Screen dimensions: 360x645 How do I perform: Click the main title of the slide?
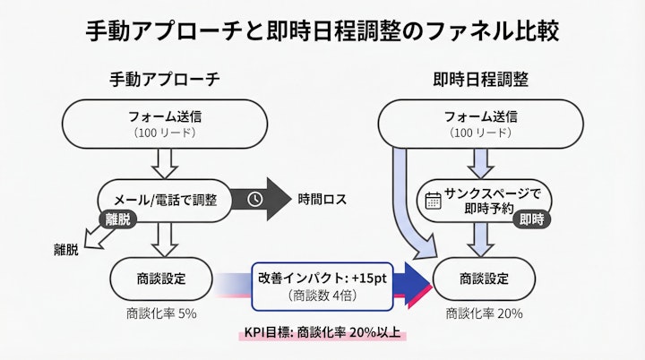coord(322,31)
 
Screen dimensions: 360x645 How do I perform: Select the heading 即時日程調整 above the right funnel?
coord(480,79)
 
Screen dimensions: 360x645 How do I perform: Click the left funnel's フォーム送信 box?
coord(164,124)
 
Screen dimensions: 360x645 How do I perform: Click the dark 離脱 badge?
coord(118,218)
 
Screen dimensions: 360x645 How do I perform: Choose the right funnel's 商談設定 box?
coord(483,278)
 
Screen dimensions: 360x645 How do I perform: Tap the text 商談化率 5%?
coord(161,313)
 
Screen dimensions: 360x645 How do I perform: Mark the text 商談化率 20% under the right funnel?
coord(484,313)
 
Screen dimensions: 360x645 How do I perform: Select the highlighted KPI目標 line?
coord(324,332)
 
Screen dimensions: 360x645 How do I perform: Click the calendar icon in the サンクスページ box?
coord(433,200)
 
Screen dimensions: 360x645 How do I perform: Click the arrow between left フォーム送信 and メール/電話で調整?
coord(164,163)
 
